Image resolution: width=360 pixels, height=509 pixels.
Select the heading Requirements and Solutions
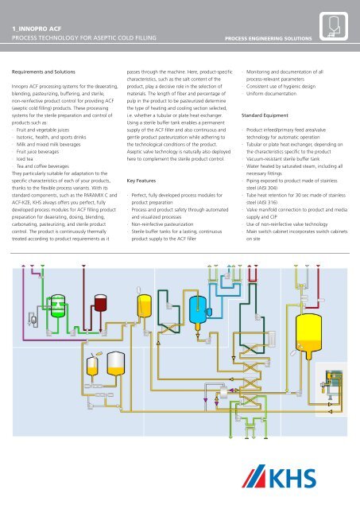click(x=53, y=70)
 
